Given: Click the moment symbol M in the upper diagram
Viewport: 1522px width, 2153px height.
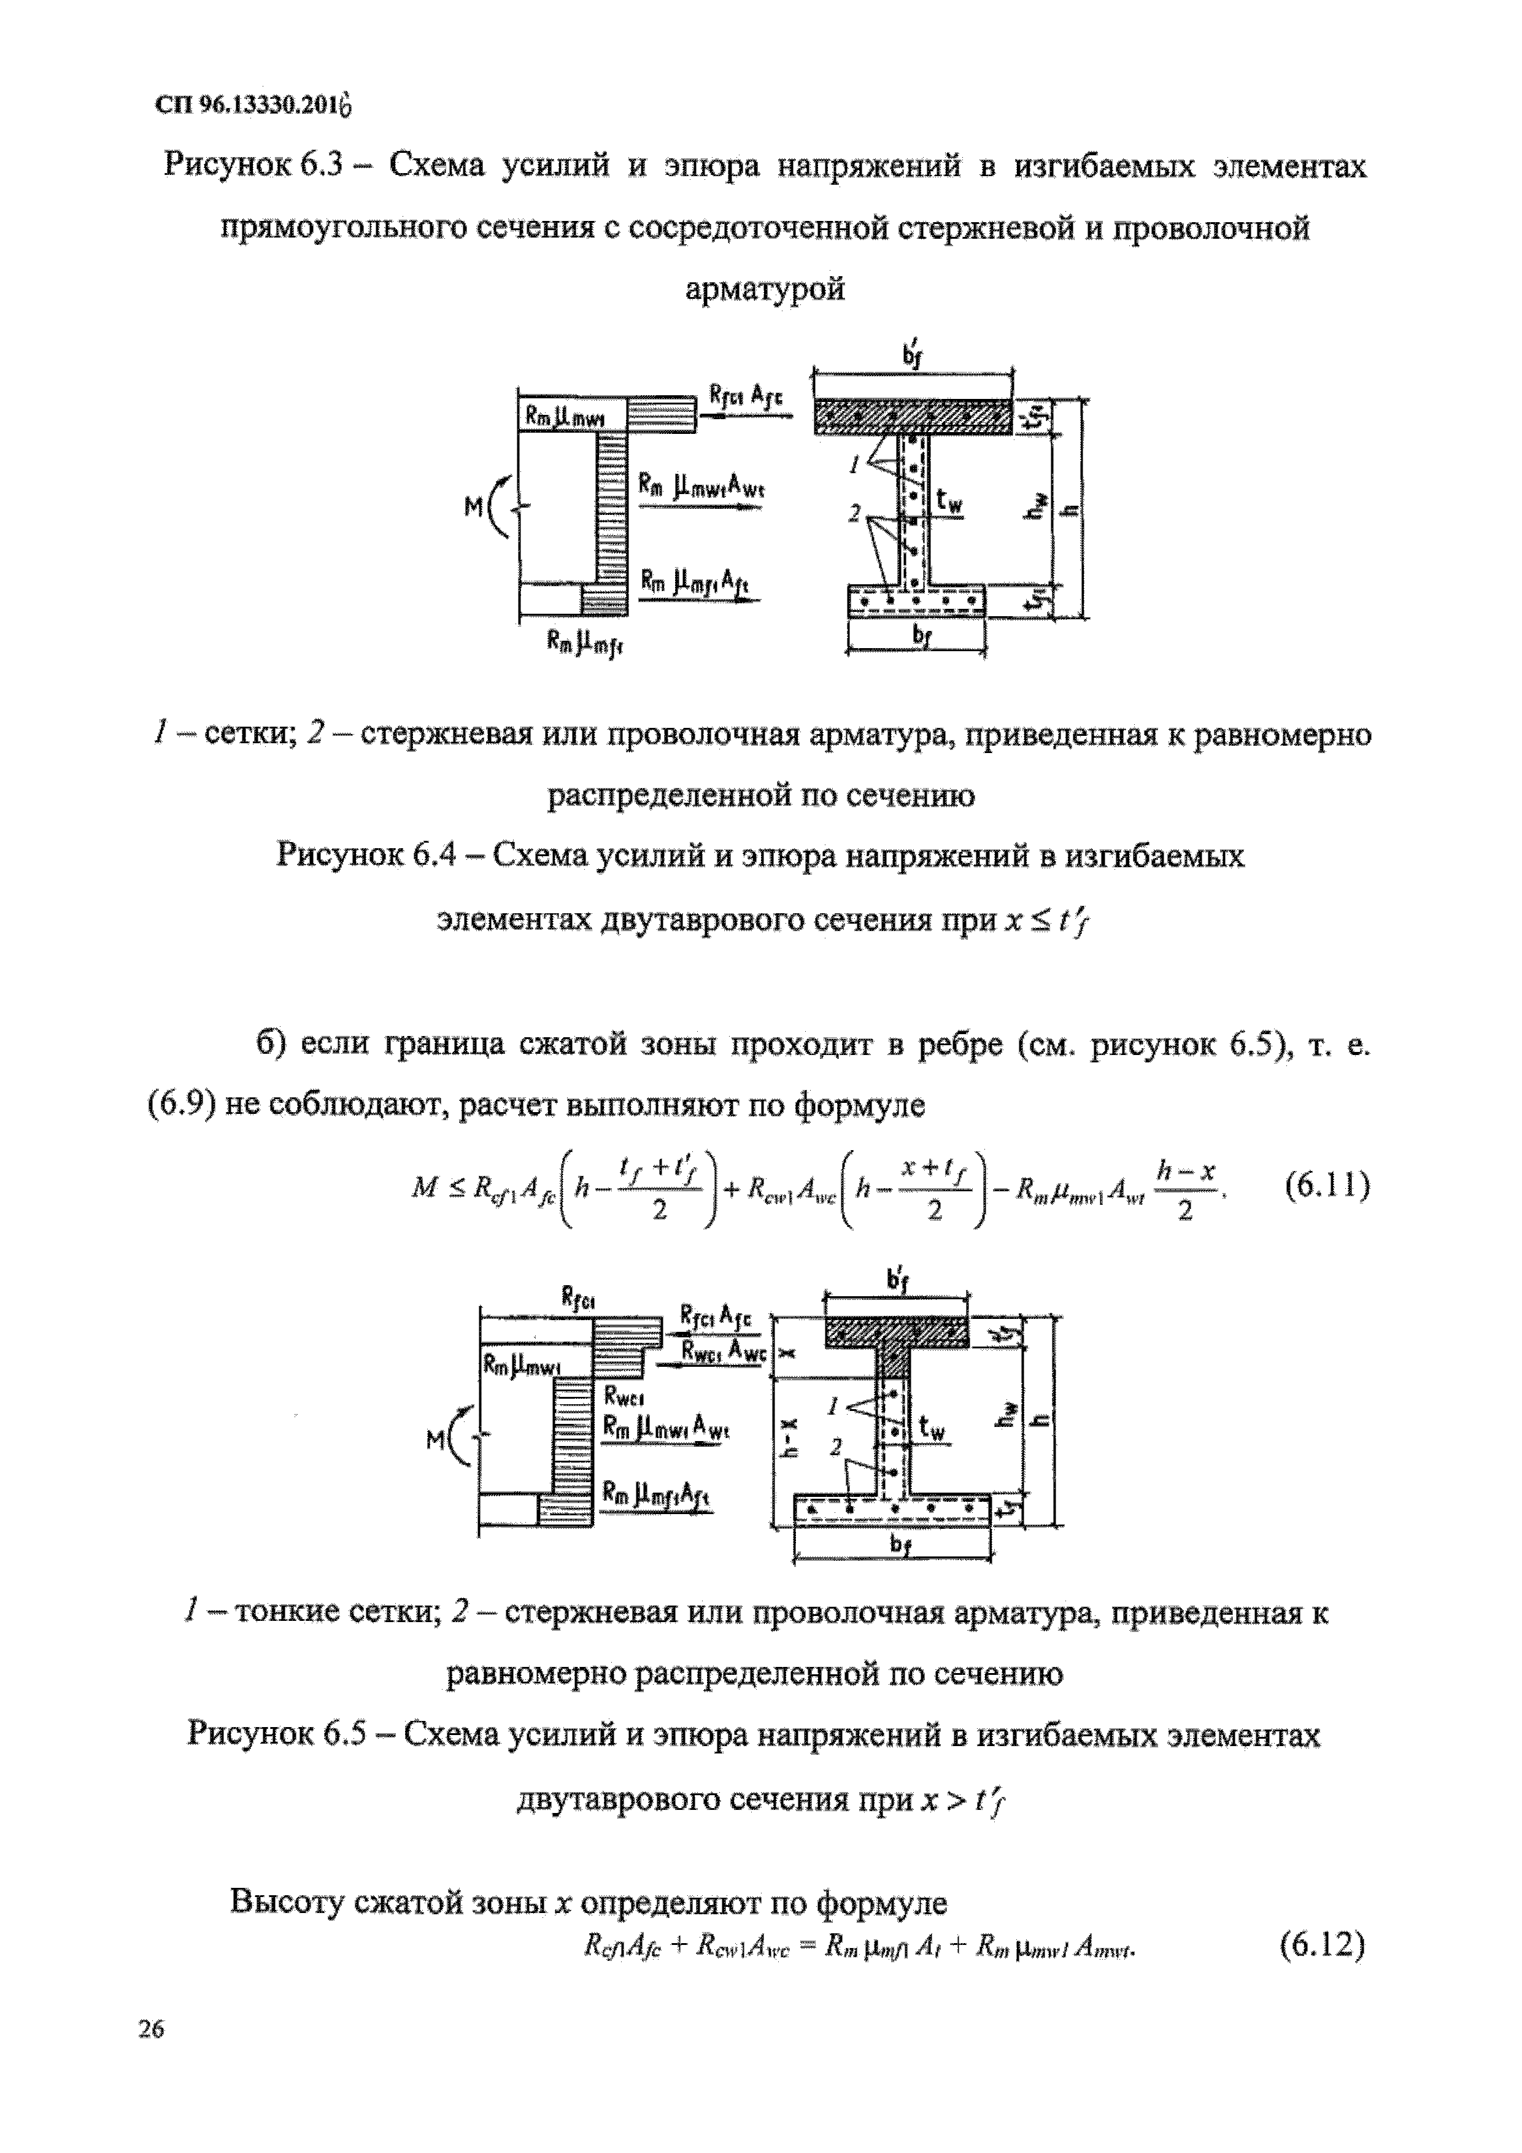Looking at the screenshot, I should pyautogui.click(x=474, y=508).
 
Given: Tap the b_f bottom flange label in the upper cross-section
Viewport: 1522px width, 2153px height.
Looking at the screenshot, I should pyautogui.click(x=922, y=636).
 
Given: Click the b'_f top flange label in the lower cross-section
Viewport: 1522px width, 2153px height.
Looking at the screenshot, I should pyautogui.click(x=897, y=1281).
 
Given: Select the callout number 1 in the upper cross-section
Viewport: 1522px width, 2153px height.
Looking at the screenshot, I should pyautogui.click(x=854, y=462).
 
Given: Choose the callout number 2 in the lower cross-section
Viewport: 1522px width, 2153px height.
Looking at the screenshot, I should pyautogui.click(x=835, y=1448).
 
